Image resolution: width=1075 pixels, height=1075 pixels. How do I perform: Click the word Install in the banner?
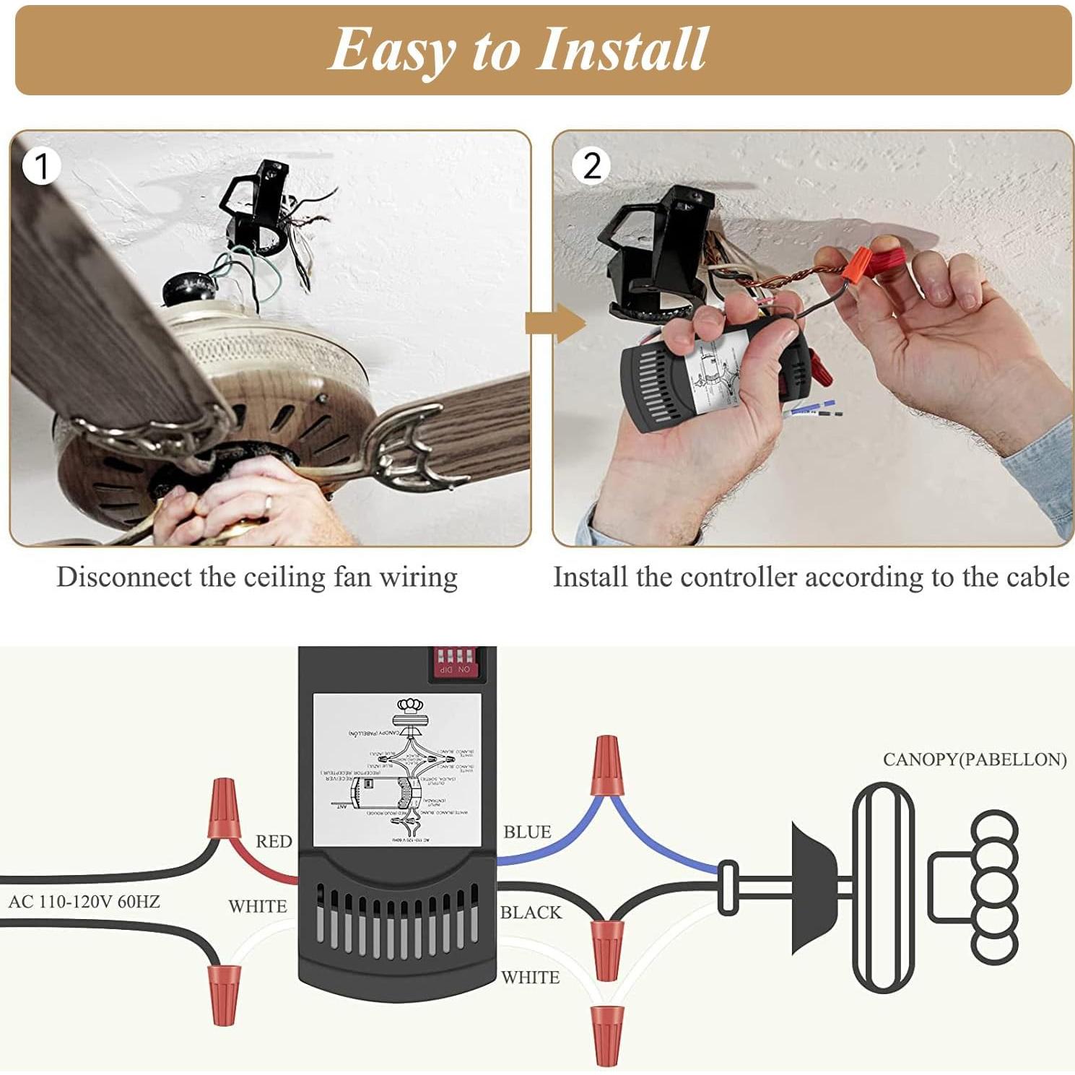(x=622, y=49)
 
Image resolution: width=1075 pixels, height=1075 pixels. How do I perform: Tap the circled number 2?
(x=591, y=165)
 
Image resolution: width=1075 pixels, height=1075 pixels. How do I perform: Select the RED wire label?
(x=274, y=841)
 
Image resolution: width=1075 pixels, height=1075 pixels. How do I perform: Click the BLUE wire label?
(x=527, y=832)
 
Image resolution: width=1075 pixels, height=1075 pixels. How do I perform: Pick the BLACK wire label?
(x=531, y=913)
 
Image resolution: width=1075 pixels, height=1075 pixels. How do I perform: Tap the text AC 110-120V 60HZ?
(x=84, y=902)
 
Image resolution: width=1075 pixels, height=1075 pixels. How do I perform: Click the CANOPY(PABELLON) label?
(x=974, y=760)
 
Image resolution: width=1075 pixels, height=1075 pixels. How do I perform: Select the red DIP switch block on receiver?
(x=454, y=661)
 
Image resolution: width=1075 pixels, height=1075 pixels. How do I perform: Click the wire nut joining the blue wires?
(x=606, y=765)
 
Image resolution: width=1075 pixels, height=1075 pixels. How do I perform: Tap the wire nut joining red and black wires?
(x=224, y=809)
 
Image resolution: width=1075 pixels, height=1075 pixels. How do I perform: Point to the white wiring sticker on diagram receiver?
(x=396, y=770)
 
